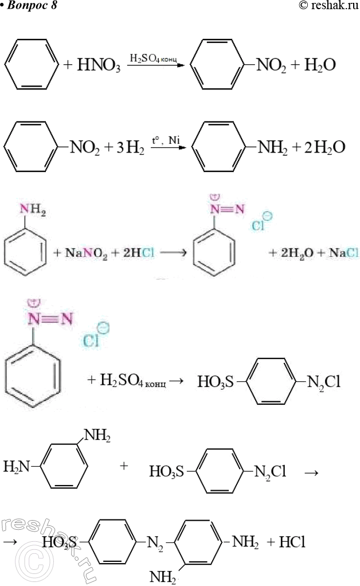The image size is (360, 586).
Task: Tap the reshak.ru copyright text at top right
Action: click(328, 5)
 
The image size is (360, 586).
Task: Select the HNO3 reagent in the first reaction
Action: click(99, 65)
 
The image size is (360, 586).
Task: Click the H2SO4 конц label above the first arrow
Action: click(153, 58)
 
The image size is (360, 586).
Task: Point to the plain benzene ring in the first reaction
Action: click(32, 64)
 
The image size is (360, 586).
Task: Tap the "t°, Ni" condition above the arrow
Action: click(166, 141)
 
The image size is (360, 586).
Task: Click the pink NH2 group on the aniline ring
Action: click(33, 210)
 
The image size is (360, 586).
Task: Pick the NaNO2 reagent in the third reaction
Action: click(86, 253)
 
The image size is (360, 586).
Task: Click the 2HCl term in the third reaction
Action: click(139, 253)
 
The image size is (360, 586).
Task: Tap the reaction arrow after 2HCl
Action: click(173, 253)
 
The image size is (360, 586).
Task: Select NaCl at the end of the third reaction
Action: click(343, 253)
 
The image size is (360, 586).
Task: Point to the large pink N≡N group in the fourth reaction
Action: click(50, 319)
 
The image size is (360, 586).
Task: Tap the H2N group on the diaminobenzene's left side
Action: click(17, 467)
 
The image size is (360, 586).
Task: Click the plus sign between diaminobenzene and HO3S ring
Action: click(124, 466)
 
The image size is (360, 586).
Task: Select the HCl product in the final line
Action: click(292, 542)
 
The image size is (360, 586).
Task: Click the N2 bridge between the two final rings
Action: click(155, 543)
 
